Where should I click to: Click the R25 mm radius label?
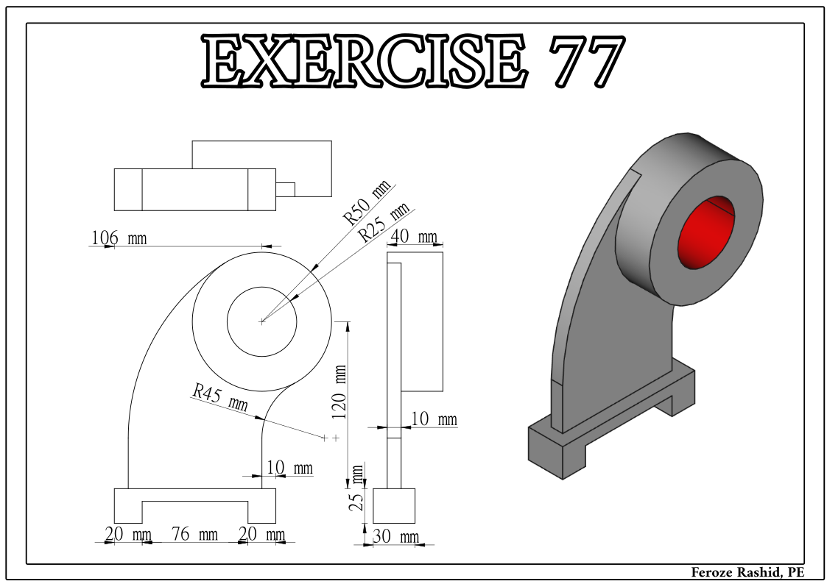pos(383,223)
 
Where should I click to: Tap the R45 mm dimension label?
pos(219,397)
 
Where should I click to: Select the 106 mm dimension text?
pos(119,238)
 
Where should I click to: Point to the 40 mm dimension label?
pos(415,237)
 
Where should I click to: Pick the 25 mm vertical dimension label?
pos(357,488)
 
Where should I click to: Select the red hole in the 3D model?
pos(705,233)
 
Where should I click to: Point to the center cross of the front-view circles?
pos(262,321)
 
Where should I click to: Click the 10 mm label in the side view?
pos(434,420)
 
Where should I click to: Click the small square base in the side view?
pos(394,505)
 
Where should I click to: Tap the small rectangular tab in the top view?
pos(285,190)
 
